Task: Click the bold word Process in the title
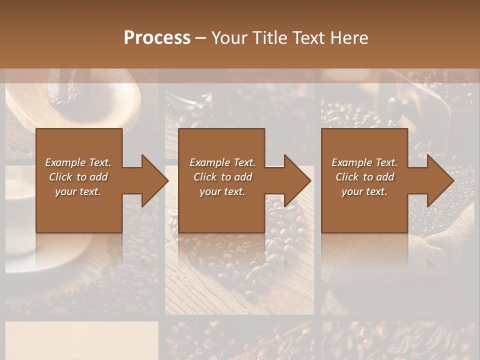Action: pos(157,38)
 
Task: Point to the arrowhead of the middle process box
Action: pos(297,180)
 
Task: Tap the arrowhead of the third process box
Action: pos(440,180)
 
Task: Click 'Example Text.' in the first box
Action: pos(78,162)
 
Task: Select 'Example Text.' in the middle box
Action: pos(222,162)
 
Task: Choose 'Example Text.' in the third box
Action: pos(364,162)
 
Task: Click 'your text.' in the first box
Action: pos(78,191)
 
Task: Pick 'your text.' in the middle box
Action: pos(222,191)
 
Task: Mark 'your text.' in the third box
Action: pos(364,191)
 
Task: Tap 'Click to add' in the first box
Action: pos(78,177)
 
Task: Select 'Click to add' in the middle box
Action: pos(222,177)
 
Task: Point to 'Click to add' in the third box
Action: pos(364,177)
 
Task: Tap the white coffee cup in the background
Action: pos(20,210)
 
